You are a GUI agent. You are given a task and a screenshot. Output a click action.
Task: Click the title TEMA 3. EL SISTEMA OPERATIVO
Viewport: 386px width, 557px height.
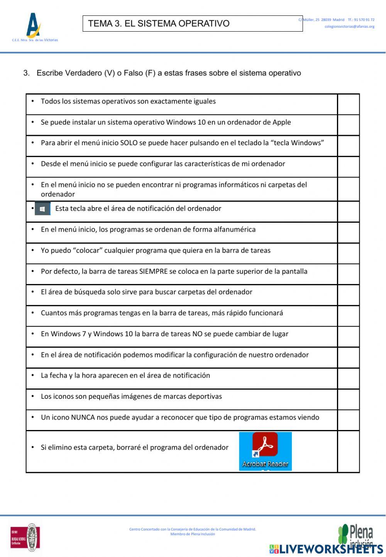pyautogui.click(x=159, y=24)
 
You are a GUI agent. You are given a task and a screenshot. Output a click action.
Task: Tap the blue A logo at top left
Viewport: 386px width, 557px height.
pyautogui.click(x=34, y=25)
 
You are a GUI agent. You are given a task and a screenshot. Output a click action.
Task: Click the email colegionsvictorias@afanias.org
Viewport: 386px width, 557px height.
pyautogui.click(x=349, y=27)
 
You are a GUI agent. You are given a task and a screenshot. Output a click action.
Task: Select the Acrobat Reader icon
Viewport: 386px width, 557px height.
pyautogui.click(x=265, y=451)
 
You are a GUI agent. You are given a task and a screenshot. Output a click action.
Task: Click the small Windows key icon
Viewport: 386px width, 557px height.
pyautogui.click(x=42, y=209)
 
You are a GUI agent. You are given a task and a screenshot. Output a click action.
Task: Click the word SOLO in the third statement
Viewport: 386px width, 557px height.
pyautogui.click(x=129, y=143)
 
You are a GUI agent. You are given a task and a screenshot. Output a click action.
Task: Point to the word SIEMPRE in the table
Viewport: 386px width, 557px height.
pyautogui.click(x=153, y=271)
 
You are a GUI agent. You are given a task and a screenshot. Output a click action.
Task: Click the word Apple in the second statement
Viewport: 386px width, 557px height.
pyautogui.click(x=281, y=122)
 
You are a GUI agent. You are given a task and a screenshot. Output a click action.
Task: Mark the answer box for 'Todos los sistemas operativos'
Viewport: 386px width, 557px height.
pyautogui.click(x=349, y=104)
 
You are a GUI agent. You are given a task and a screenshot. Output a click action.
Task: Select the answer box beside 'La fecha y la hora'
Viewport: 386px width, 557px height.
pyautogui.click(x=349, y=378)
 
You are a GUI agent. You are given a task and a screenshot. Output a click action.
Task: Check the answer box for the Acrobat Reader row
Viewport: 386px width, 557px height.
pyautogui.click(x=349, y=451)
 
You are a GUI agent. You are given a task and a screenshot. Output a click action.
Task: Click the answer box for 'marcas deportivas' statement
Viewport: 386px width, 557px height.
pyautogui.click(x=349, y=399)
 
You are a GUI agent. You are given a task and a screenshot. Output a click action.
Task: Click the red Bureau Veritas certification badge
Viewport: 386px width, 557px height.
pyautogui.click(x=18, y=538)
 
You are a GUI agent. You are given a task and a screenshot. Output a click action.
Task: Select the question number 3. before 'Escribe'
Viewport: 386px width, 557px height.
pyautogui.click(x=26, y=73)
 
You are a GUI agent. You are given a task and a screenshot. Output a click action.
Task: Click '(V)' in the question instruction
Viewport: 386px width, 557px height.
pyautogui.click(x=110, y=73)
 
